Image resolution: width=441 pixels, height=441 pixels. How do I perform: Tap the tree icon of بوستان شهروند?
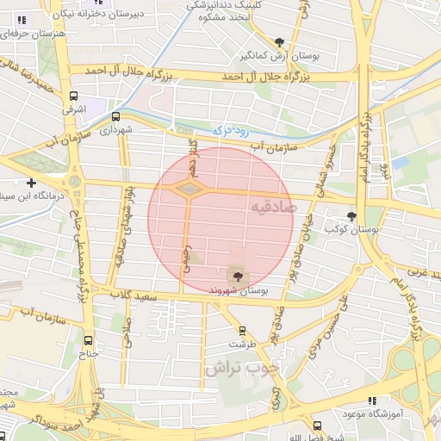coord(237,276)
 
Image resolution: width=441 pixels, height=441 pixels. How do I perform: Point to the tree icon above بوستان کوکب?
coord(351,216)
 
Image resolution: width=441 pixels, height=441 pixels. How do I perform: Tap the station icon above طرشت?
coord(241,330)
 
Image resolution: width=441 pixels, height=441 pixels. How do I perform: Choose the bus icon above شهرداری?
coord(116,117)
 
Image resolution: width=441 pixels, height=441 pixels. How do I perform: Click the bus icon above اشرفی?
coord(73,96)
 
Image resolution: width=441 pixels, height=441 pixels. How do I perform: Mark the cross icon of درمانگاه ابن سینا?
coord(32,183)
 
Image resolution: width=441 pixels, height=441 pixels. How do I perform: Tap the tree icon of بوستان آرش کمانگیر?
coord(279,41)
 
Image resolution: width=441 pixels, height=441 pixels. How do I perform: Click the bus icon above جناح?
coord(89,339)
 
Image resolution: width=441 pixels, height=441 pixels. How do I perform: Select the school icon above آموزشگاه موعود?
coord(372,401)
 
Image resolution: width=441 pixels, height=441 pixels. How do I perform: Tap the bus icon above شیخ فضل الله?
coord(317,425)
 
